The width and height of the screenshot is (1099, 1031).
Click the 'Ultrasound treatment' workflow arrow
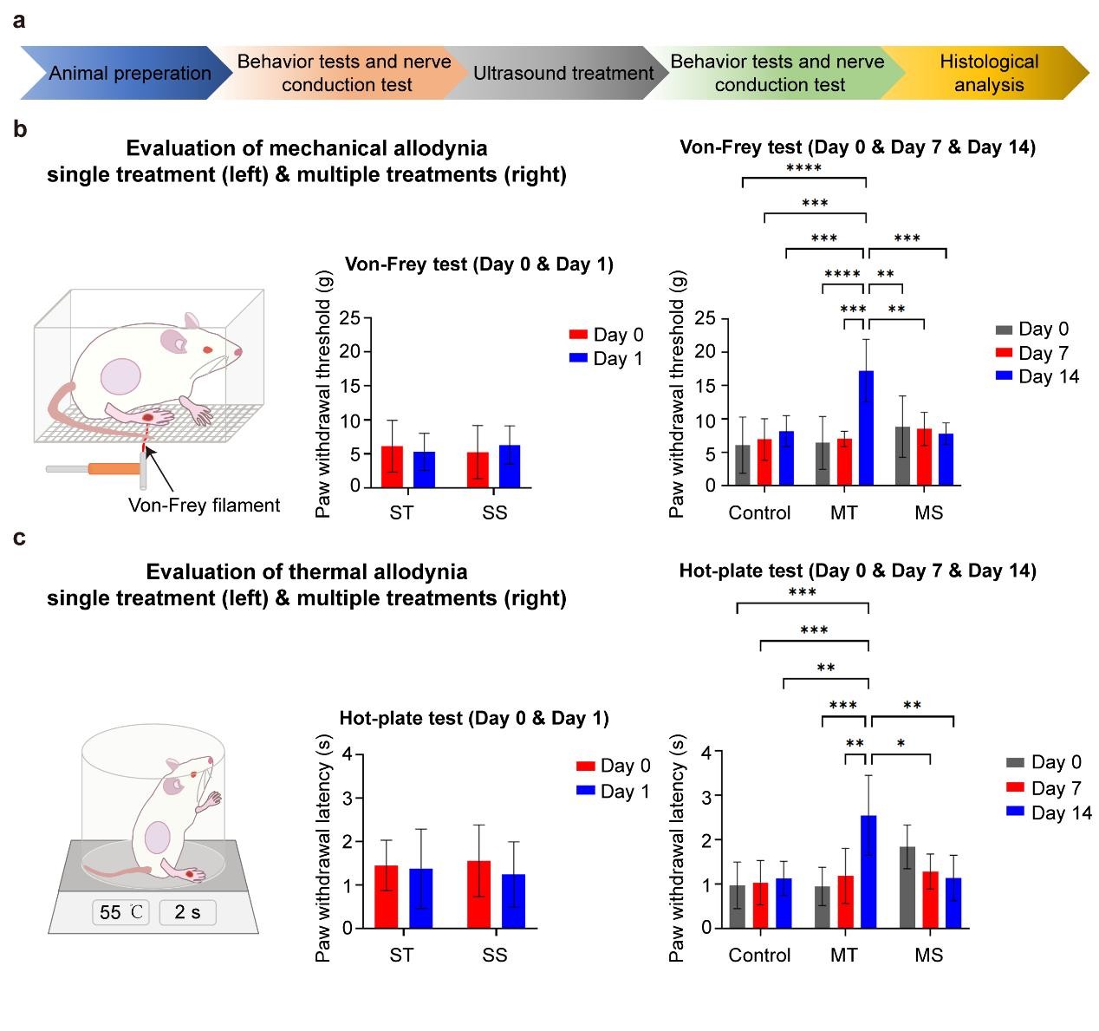coord(563,74)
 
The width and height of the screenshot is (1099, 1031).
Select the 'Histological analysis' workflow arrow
coord(988,74)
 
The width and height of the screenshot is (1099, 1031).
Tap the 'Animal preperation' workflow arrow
coord(130,74)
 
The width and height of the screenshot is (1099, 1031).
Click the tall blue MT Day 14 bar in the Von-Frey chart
coord(866,428)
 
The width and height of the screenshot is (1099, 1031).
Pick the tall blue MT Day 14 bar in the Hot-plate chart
coord(867,871)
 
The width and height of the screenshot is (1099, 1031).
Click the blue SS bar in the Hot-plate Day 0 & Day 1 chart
coord(513,901)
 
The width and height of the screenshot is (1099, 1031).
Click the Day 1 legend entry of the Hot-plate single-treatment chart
coord(614,792)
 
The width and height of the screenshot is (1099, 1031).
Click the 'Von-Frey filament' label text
coord(205,506)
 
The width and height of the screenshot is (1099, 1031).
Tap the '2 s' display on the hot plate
coord(186,912)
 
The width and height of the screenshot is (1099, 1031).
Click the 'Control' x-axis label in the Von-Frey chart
coord(759,513)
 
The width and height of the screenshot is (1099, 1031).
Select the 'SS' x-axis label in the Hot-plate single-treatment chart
coord(495,956)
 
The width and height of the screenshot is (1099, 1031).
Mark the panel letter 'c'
coord(19,538)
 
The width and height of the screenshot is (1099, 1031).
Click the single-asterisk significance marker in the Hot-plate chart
coord(901,744)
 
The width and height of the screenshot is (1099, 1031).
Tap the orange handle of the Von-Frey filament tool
coord(114,469)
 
